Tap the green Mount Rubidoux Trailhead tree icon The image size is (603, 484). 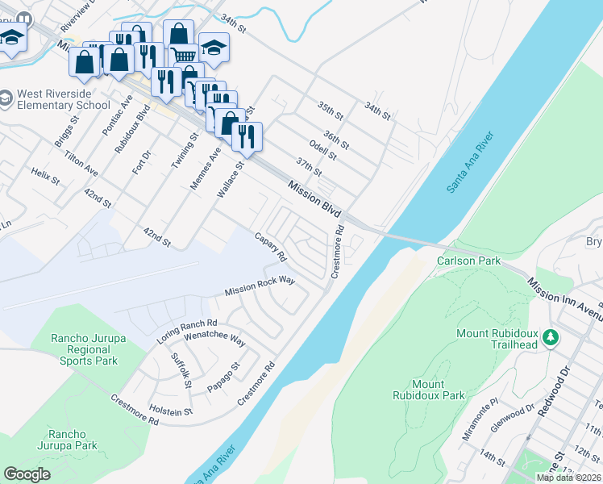tap(551, 336)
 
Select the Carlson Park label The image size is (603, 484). tap(468, 261)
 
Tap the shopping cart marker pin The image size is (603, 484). tap(185, 55)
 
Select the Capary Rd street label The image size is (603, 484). tap(271, 248)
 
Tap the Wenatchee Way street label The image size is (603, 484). tap(215, 340)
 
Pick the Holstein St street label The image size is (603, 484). tap(167, 411)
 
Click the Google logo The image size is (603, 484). tap(27, 474)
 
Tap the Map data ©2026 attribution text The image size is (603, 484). tap(568, 478)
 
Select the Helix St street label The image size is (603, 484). tap(46, 177)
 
